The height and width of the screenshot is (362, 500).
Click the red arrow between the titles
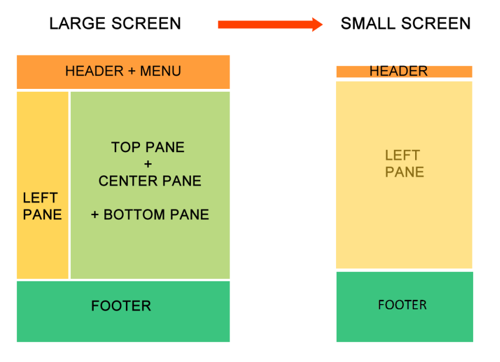[x=270, y=25]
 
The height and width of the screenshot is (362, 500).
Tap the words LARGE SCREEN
[x=115, y=23]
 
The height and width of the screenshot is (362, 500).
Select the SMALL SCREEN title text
[x=406, y=23]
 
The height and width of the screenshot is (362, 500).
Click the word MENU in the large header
[x=160, y=71]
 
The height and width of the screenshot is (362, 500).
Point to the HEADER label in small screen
[x=399, y=71]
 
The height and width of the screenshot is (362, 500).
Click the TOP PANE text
[x=148, y=147]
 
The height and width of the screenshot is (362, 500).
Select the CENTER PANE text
[x=150, y=181]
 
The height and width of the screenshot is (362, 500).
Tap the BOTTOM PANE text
[x=156, y=215]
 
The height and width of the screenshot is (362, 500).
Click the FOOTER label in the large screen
[x=121, y=306]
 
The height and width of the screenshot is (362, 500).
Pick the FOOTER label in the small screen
[x=402, y=305]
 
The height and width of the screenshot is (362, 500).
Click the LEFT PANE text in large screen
[x=42, y=206]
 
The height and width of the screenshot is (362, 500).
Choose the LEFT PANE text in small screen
[x=405, y=164]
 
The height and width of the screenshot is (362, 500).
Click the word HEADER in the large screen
[x=94, y=71]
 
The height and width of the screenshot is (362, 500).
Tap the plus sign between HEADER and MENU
[x=132, y=71]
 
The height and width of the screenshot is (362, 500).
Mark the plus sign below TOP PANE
[x=148, y=164]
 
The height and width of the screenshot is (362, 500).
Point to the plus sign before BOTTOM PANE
[x=95, y=215]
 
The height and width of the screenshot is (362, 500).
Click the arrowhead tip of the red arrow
[x=323, y=25]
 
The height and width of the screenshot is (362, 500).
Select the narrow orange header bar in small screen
[x=405, y=71]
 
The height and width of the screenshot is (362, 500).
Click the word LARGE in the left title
[x=77, y=23]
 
